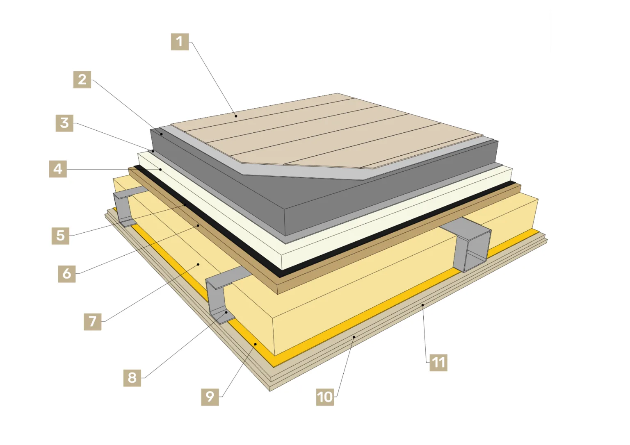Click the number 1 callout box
[x=180, y=42]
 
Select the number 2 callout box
[x=82, y=79]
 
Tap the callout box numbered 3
[x=64, y=123]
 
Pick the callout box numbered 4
[x=58, y=169]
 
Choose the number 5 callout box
[x=60, y=236]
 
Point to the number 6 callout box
[x=67, y=274]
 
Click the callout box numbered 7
[x=93, y=321]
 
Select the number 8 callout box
[x=132, y=378]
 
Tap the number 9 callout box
[x=210, y=397]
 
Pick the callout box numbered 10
[x=325, y=397]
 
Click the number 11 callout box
[x=438, y=362]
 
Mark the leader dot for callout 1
[x=236, y=116]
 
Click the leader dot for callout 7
[x=198, y=264]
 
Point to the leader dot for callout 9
[x=256, y=344]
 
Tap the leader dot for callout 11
[x=422, y=305]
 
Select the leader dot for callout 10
[x=354, y=336]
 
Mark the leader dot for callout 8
[x=226, y=312]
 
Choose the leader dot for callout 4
[x=160, y=169]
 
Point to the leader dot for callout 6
[x=198, y=225]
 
